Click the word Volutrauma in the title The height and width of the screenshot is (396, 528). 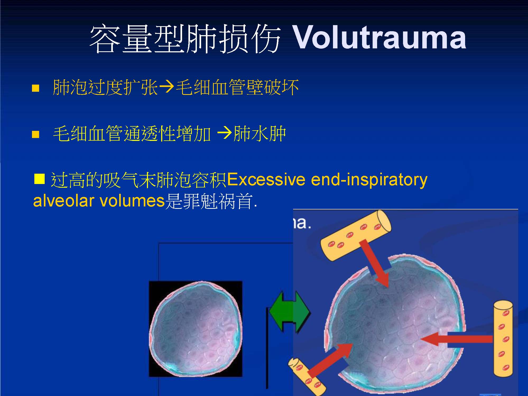coord(379,38)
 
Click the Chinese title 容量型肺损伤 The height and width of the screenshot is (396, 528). coord(185,39)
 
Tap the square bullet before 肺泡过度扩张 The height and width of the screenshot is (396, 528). coord(35,88)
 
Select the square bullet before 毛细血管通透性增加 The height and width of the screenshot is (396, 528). coord(35,135)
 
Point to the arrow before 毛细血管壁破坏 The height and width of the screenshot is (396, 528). coord(166,87)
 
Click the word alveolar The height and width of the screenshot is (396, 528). coord(64,201)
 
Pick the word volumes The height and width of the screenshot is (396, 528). coord(132,201)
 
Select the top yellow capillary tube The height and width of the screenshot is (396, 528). coord(356,235)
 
